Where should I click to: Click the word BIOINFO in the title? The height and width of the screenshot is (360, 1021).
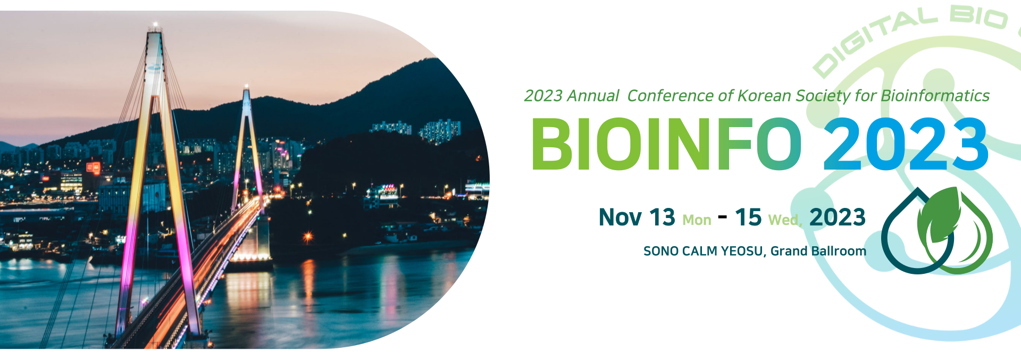point(667,144)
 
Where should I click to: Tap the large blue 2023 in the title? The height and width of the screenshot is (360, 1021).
point(906,144)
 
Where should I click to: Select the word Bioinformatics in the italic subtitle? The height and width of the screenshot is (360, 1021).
point(935,96)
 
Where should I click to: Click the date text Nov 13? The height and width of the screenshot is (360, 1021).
point(637,217)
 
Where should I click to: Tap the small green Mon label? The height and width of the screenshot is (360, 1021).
point(697,220)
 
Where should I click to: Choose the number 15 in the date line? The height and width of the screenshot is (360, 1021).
point(748,217)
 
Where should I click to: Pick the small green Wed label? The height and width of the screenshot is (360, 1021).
point(785,220)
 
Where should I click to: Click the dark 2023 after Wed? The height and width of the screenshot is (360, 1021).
point(838,217)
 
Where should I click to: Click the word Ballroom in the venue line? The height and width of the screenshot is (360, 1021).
point(839,251)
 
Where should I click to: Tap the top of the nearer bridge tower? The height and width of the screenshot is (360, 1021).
point(155,27)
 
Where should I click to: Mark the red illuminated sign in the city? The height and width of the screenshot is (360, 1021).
point(94,168)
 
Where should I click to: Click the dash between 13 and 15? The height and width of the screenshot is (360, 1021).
point(723,216)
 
